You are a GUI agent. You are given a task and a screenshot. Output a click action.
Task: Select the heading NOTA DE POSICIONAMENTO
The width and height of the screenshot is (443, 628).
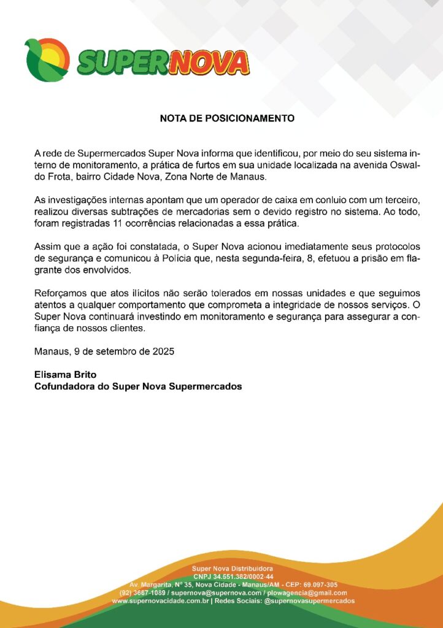click(227, 118)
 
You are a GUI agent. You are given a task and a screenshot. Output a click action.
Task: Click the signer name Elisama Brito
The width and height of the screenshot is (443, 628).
click(66, 375)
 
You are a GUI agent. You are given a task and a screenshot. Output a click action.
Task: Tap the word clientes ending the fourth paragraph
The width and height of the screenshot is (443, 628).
click(125, 328)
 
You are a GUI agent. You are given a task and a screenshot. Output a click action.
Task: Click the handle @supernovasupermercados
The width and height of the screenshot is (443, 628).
click(309, 602)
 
